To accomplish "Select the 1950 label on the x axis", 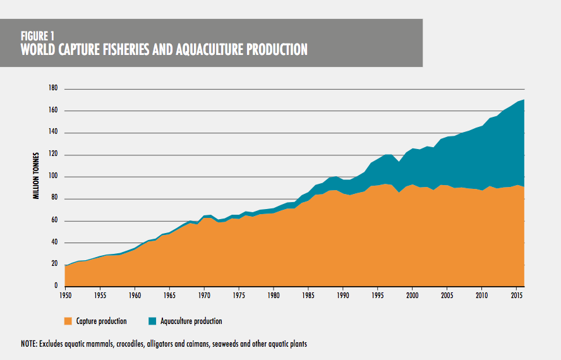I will click(x=65, y=294).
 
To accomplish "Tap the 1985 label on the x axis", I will click(x=308, y=294).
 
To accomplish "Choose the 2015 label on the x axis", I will click(x=516, y=294).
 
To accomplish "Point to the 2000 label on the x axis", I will click(x=412, y=294).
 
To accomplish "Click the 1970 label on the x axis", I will click(x=203, y=294).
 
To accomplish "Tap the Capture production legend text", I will click(x=102, y=321).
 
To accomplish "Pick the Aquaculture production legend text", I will click(x=191, y=321).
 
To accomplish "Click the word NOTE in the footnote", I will click(x=28, y=344).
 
